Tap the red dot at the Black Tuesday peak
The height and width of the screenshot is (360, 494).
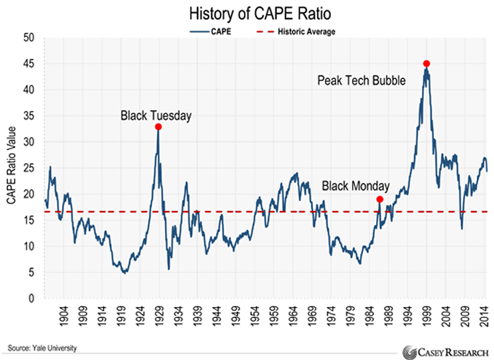coord(159,127)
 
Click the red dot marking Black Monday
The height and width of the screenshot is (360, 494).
coord(380,199)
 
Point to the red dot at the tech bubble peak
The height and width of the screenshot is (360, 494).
coord(426,64)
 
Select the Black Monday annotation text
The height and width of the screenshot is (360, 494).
coord(356,186)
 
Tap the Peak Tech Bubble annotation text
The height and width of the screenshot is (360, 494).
coord(361,80)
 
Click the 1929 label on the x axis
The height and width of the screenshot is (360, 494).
coord(157,316)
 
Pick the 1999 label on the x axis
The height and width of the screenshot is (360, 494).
coord(427,316)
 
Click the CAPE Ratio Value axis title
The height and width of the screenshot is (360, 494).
coord(11,167)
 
